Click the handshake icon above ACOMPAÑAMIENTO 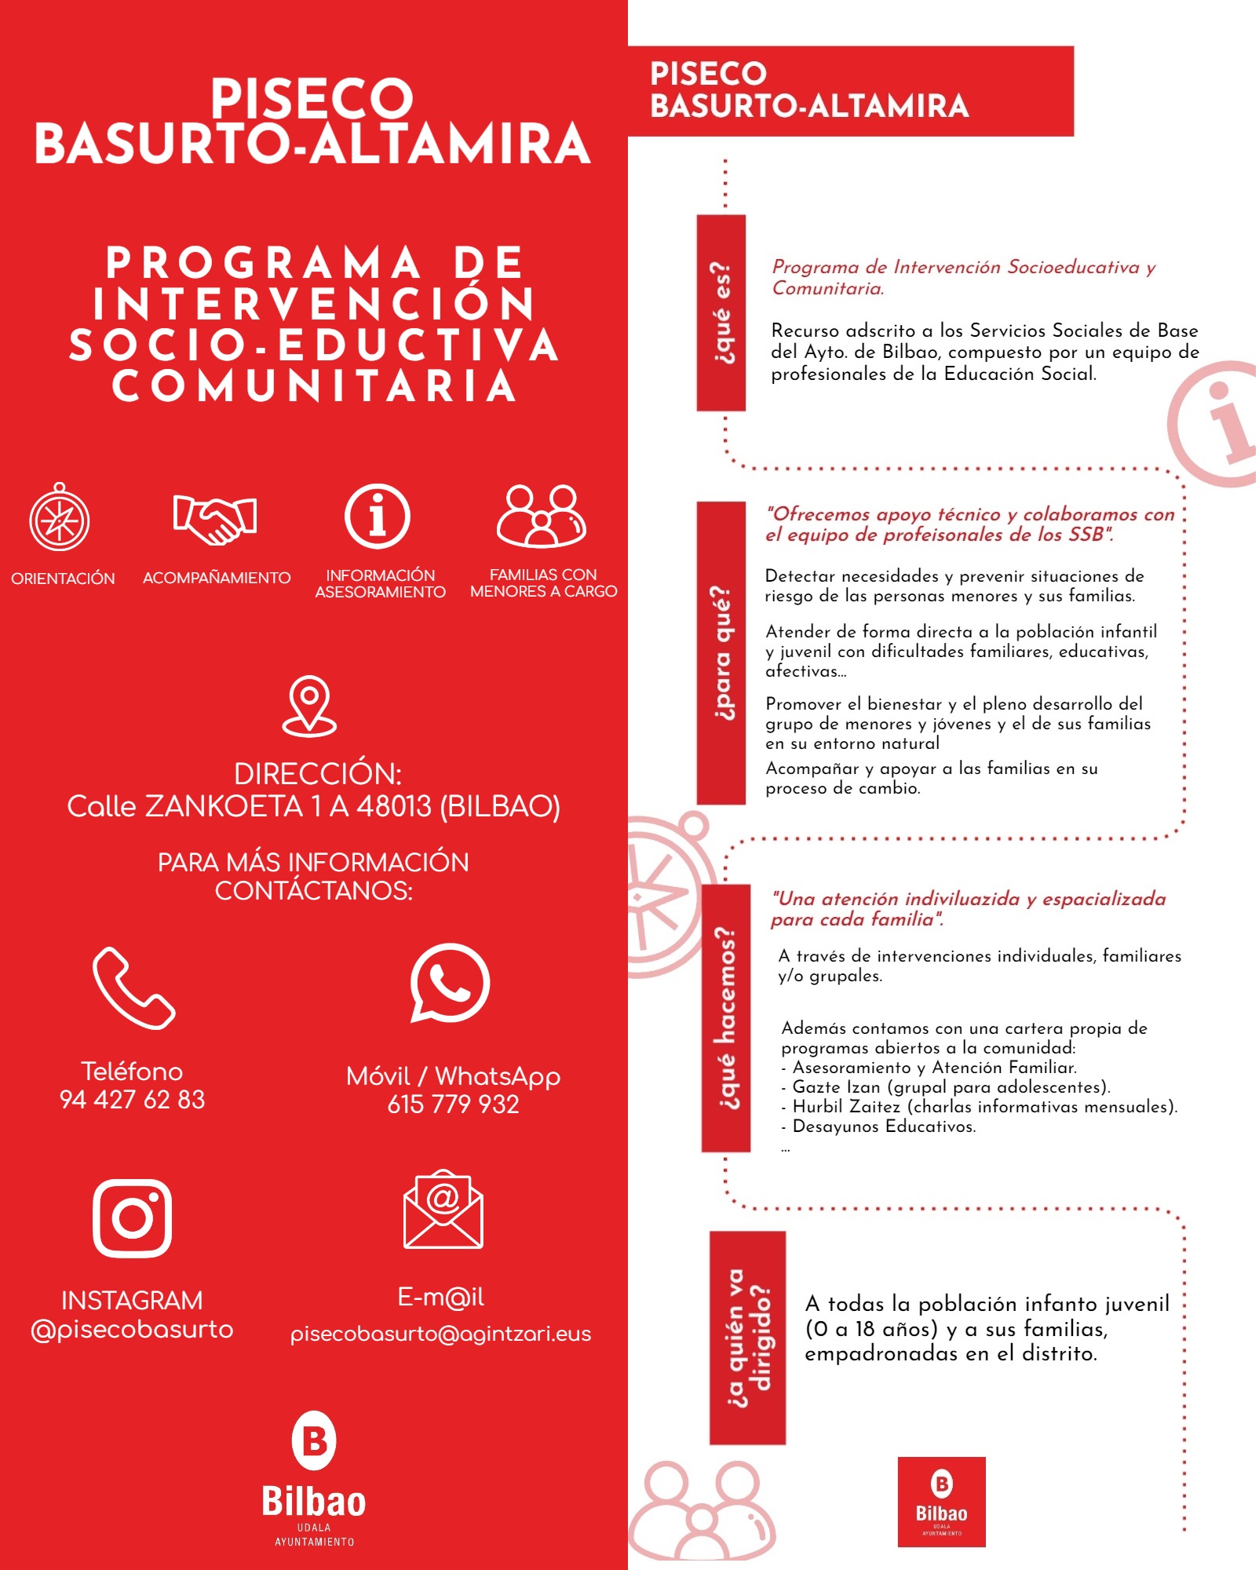[215, 519]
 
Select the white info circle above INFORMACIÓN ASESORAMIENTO [378, 517]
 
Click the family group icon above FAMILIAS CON [542, 517]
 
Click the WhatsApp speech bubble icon [450, 984]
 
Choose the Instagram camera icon [133, 1218]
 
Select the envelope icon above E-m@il [443, 1210]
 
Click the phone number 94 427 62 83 [132, 1100]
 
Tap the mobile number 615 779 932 [453, 1104]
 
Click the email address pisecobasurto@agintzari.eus [440, 1334]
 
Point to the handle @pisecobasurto [132, 1330]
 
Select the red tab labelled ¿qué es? [721, 312]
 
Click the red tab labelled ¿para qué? [721, 652]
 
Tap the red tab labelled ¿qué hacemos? [726, 1018]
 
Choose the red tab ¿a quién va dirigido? [747, 1338]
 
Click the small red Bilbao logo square [941, 1502]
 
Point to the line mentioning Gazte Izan [951, 1087]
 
